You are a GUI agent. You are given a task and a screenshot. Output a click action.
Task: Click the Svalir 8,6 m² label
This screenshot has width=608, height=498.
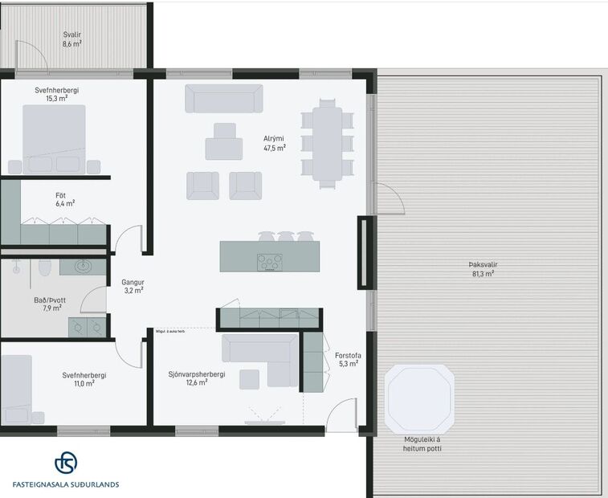pyautogui.click(x=72, y=39)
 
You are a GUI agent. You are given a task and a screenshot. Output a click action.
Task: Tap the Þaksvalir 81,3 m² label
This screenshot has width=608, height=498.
pyautogui.click(x=481, y=269)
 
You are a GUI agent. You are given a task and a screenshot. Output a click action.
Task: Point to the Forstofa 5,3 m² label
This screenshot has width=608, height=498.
pyautogui.click(x=348, y=359)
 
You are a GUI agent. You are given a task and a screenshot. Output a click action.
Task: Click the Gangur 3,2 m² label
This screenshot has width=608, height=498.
pyautogui.click(x=133, y=287)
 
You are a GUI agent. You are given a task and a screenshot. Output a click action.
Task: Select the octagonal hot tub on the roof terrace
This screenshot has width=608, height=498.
pyautogui.click(x=420, y=399)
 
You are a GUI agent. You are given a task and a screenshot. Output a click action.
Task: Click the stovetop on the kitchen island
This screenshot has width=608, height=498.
pyautogui.click(x=269, y=262)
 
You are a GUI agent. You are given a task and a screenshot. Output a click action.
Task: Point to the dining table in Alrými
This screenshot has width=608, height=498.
pyautogui.click(x=327, y=143)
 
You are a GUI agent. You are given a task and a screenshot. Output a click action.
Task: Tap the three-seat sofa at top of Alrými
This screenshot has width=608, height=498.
pyautogui.click(x=224, y=99)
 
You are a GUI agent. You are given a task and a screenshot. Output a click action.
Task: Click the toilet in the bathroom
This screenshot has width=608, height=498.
pyautogui.click(x=47, y=267)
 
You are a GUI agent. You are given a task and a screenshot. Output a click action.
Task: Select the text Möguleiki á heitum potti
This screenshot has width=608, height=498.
pyautogui.click(x=422, y=443)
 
